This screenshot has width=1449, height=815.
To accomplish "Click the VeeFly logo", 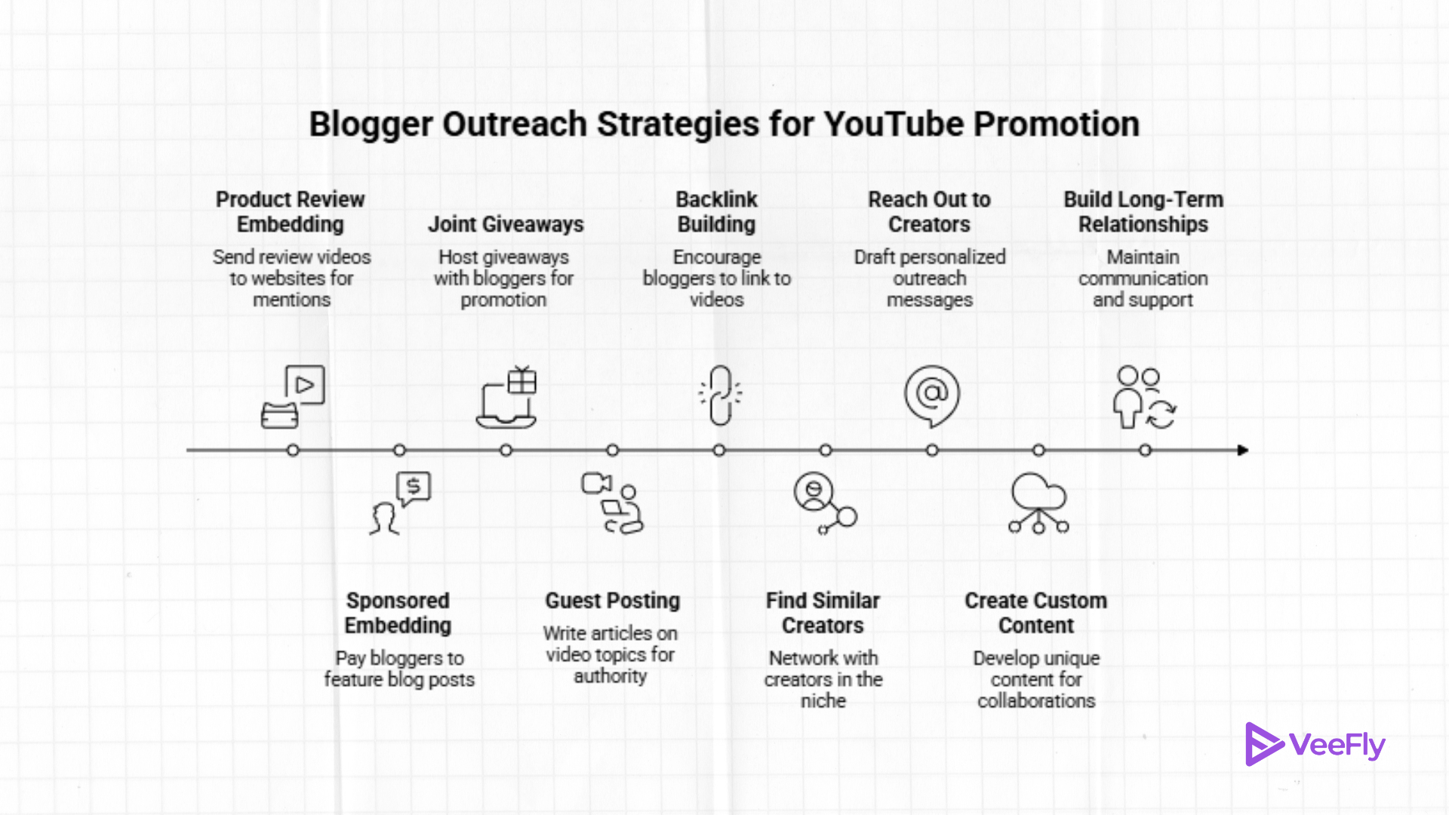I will tap(1315, 745).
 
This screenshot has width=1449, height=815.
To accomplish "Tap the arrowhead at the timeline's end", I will tap(1243, 451).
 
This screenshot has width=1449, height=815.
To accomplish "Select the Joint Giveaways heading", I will tap(506, 224).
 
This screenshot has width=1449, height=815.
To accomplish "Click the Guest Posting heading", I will tap(612, 601).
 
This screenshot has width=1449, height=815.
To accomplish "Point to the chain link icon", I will tap(720, 395).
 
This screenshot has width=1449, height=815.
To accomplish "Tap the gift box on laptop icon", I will tap(506, 397).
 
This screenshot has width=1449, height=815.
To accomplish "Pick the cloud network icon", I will tap(1038, 503).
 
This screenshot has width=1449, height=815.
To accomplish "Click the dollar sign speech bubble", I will tap(413, 487).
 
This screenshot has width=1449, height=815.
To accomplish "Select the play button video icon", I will tap(304, 386).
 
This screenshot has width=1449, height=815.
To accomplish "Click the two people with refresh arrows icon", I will tap(1144, 397).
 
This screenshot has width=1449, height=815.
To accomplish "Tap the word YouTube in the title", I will tap(894, 125).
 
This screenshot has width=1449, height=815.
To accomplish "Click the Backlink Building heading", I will tap(716, 212).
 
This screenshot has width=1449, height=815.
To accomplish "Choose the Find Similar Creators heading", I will tap(823, 613).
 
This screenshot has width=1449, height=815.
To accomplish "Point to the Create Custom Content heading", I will tap(1035, 613).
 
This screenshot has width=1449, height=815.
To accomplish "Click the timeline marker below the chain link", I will tap(719, 451).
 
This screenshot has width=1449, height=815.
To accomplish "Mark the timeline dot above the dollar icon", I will tap(400, 451).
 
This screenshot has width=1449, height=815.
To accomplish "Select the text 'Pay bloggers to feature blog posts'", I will tap(399, 669).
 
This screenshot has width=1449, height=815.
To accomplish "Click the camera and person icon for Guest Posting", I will tap(612, 503).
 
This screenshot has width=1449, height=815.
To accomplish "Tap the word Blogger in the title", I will tap(371, 125).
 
